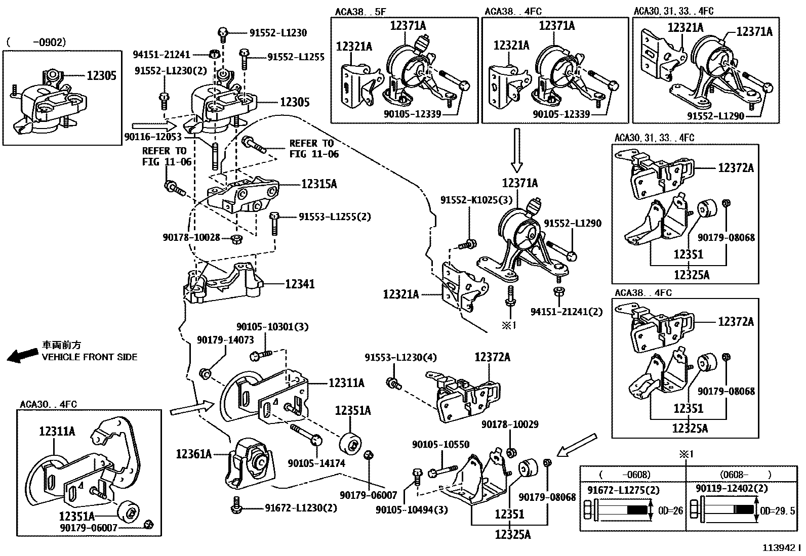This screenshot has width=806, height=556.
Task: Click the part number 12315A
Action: tap(318, 184)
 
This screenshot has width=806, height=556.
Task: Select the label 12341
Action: tap(300, 284)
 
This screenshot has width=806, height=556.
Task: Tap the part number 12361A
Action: tap(194, 454)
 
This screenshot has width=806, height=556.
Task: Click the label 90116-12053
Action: tap(152, 137)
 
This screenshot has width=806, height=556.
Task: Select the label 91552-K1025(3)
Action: tap(476, 200)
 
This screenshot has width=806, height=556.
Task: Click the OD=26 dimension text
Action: tap(671, 511)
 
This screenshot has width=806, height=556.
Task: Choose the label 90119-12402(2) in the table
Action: tap(732, 489)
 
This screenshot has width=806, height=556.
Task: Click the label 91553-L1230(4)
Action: tap(400, 358)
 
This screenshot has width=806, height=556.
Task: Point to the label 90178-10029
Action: tap(510, 424)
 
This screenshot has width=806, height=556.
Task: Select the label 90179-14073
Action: tap(225, 340)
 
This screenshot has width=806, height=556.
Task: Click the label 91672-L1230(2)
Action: tap(301, 508)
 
